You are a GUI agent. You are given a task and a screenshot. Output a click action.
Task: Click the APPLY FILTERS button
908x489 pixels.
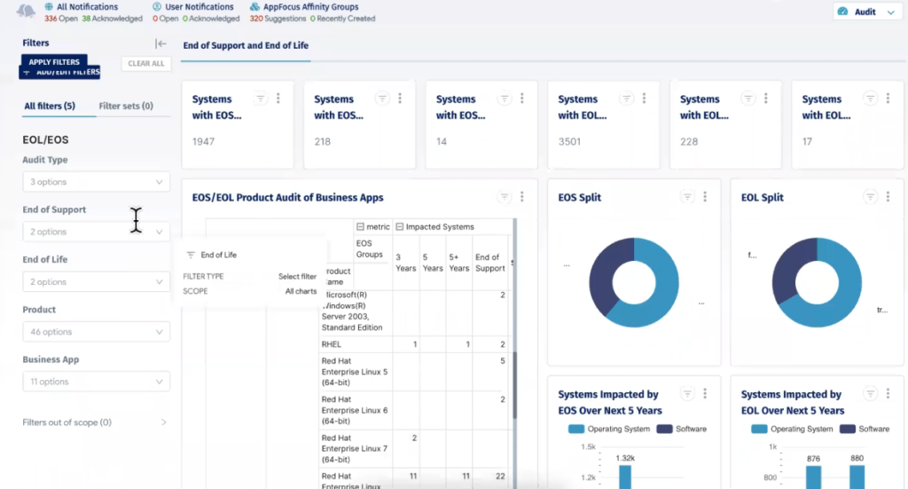click(54, 62)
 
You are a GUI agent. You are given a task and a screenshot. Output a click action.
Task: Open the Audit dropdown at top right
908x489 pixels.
click(865, 12)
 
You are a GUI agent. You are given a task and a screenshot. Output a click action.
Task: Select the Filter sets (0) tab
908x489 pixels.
click(126, 106)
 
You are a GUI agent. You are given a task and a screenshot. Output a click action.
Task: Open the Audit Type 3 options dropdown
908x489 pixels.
click(96, 182)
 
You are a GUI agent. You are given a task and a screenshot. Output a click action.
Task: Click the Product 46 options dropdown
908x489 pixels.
click(96, 332)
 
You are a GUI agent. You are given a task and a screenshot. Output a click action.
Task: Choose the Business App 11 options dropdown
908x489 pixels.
click(96, 382)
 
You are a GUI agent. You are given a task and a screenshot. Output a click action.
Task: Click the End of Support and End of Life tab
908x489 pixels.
click(246, 45)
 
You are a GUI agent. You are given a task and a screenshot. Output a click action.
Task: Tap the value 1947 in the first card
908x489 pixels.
click(203, 141)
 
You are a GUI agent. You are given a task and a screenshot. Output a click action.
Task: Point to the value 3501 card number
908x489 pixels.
click(571, 141)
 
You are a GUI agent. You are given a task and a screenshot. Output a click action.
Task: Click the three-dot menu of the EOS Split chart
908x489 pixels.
click(705, 197)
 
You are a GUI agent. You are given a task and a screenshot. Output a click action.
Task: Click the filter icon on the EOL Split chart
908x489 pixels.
click(870, 197)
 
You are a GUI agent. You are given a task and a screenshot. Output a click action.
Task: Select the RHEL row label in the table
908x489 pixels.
click(332, 343)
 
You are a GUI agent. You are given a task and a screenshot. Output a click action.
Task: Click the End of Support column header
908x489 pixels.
click(490, 263)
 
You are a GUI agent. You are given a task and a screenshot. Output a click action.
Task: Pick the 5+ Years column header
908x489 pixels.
click(458, 263)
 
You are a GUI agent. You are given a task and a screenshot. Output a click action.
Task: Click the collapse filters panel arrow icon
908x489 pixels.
click(160, 43)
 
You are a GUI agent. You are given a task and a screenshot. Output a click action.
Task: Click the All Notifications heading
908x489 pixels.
click(87, 7)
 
